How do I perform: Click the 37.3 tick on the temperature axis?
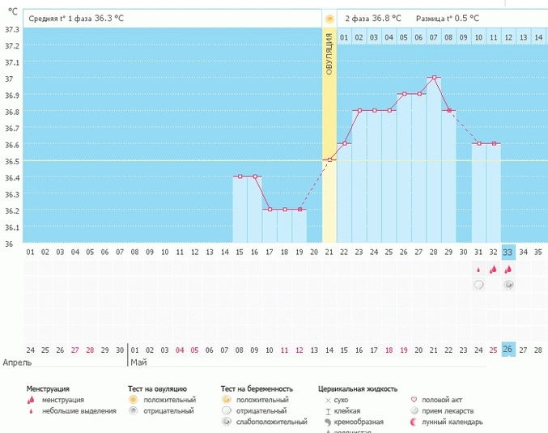(x=12, y=29)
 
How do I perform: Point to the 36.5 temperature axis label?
(x=12, y=161)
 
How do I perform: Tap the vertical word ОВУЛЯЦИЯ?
(x=329, y=56)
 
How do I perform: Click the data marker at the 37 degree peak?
(x=435, y=78)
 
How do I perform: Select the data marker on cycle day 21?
(x=329, y=160)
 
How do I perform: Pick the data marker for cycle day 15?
(x=240, y=176)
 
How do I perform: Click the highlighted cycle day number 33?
(x=508, y=252)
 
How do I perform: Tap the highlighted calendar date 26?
(x=508, y=350)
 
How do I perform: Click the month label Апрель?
(x=19, y=363)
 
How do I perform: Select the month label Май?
(x=138, y=363)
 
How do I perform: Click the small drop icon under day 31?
(x=478, y=270)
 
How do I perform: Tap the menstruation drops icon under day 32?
(x=493, y=270)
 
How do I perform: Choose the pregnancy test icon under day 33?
(x=508, y=285)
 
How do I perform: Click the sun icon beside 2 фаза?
(x=329, y=18)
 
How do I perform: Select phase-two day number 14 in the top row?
(x=537, y=37)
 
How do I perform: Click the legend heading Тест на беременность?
(x=257, y=388)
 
